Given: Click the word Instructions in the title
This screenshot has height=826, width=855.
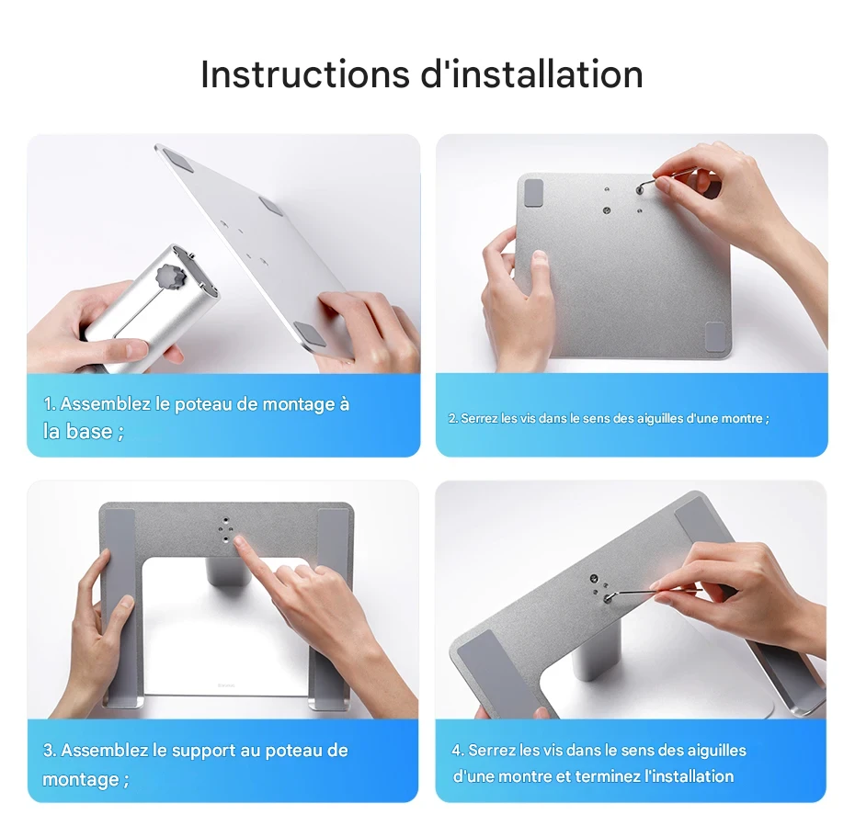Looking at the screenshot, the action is (305, 74).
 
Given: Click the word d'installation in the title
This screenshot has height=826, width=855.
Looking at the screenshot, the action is (532, 74).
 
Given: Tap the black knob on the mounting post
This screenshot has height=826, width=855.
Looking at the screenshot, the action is (171, 276).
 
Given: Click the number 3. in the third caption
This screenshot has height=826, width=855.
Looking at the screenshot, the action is (50, 751).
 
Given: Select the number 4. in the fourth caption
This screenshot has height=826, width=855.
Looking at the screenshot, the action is (458, 751).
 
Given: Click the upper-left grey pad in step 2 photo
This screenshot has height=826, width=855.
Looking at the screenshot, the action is (533, 193).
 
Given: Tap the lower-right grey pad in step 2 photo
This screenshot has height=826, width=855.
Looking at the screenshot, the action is (714, 336).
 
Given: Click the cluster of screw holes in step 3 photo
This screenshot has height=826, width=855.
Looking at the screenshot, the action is (225, 529).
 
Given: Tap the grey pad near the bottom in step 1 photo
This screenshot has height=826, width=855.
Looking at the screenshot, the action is (310, 334).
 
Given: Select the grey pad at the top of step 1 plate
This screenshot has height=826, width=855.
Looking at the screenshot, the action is (178, 161).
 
